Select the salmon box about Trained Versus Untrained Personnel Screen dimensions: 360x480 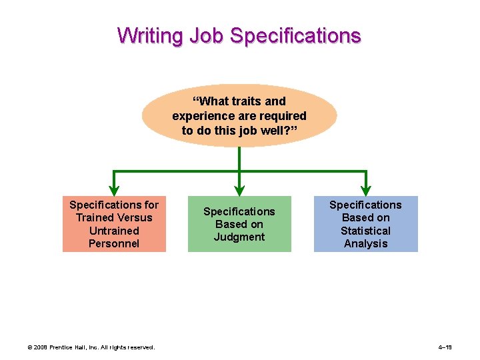click(x=114, y=224)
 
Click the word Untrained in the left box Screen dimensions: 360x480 click(x=114, y=231)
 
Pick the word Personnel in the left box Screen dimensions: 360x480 click(x=114, y=243)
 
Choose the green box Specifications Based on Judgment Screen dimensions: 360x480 click(x=239, y=224)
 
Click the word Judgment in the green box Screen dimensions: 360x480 click(x=239, y=237)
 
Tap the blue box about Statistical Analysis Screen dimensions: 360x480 click(x=365, y=224)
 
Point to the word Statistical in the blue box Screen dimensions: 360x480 click(x=365, y=231)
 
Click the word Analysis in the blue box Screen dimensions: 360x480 click(x=365, y=243)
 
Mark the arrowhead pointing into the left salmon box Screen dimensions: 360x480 click(x=114, y=189)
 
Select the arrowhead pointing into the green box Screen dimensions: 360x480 click(x=239, y=189)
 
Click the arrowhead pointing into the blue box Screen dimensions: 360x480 click(x=365, y=189)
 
